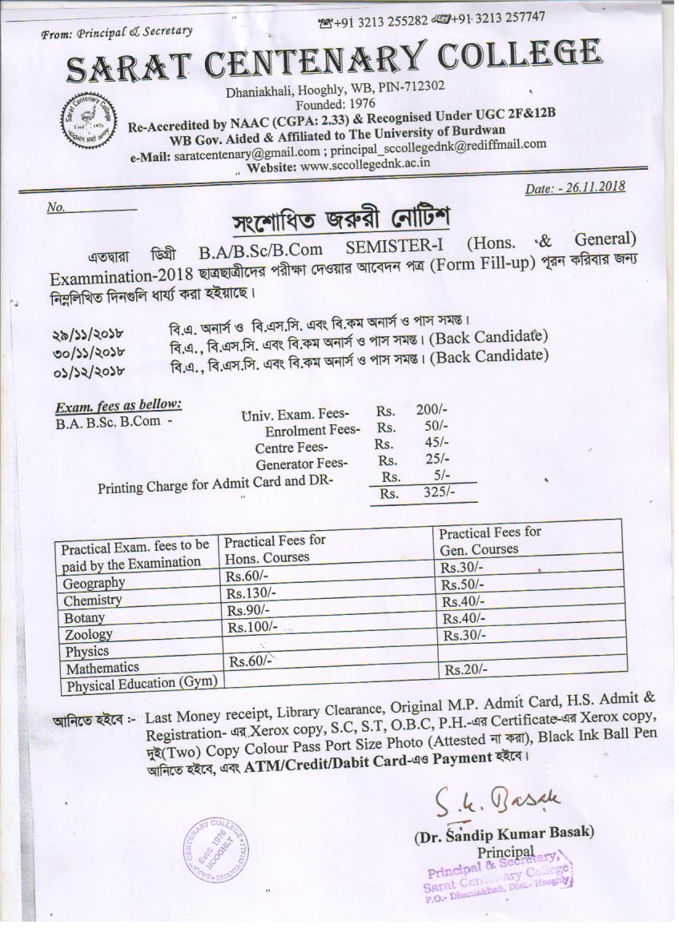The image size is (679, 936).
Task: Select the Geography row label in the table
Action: pyautogui.click(x=94, y=583)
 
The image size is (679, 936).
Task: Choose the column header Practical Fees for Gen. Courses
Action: pyautogui.click(x=489, y=540)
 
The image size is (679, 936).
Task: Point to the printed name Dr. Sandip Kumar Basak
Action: pyautogui.click(x=504, y=834)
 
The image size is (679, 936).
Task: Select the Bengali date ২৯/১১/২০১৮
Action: pyautogui.click(x=89, y=331)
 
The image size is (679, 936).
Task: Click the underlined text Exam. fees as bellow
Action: pyautogui.click(x=118, y=404)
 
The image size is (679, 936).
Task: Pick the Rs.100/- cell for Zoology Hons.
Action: pyautogui.click(x=251, y=627)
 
